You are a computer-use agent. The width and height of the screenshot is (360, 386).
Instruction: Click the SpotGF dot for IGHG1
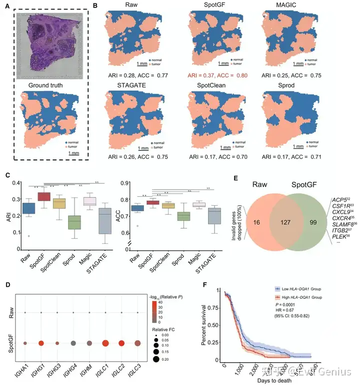point(42,343)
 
